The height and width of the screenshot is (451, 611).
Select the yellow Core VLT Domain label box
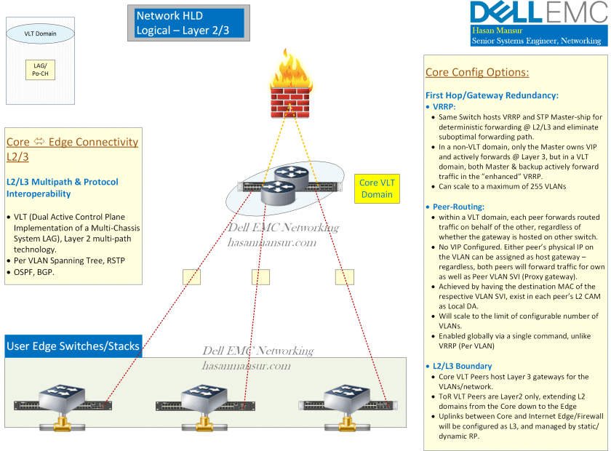tap(376, 188)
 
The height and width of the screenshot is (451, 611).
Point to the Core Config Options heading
tap(476, 73)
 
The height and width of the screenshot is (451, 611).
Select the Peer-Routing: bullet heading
tap(458, 207)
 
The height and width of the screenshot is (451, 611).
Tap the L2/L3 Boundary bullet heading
tap(462, 366)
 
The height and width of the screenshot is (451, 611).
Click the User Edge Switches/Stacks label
tap(73, 346)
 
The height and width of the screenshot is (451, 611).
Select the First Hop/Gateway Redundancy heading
tap(492, 95)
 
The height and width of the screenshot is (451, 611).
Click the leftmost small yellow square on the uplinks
tap(191, 277)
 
